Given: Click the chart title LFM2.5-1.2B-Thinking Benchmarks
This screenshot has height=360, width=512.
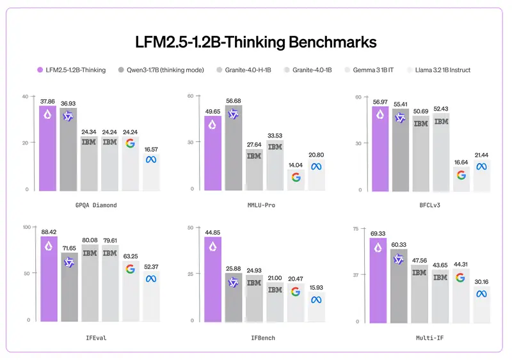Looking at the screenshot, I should (x=256, y=42).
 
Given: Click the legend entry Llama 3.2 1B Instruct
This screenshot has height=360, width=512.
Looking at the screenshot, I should (x=442, y=70).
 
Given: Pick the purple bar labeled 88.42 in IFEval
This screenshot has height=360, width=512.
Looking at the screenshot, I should (x=49, y=278).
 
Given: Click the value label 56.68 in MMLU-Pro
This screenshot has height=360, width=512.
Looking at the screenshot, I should (x=234, y=100).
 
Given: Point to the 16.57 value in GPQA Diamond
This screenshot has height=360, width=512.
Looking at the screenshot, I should (x=151, y=149).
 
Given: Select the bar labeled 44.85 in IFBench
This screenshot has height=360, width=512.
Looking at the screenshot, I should (x=213, y=278).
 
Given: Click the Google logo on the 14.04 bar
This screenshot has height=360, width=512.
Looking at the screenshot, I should (x=296, y=177).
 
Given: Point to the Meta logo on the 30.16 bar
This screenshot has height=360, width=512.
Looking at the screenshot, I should (x=481, y=293).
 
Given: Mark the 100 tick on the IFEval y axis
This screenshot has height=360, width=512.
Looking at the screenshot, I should (x=26, y=227).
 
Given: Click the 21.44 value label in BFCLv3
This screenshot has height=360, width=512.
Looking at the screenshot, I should (x=481, y=155).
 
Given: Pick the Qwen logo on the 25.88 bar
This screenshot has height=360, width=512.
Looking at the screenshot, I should (x=234, y=281).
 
